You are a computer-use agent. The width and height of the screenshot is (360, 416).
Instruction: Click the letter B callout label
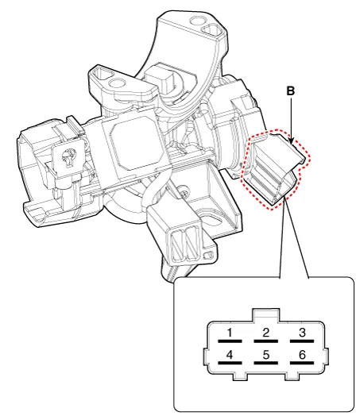pyautogui.click(x=291, y=91)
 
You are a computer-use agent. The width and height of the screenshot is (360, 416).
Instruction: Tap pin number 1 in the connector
pyautogui.click(x=230, y=333)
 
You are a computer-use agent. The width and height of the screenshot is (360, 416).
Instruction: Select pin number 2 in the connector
pyautogui.click(x=266, y=333)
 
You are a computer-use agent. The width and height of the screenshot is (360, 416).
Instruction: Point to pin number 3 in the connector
pyautogui.click(x=302, y=333)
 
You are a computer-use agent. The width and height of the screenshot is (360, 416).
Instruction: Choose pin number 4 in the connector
pyautogui.click(x=230, y=355)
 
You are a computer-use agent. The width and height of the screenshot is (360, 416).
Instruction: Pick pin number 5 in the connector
pyautogui.click(x=266, y=355)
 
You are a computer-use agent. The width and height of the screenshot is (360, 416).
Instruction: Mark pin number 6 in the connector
pyautogui.click(x=302, y=355)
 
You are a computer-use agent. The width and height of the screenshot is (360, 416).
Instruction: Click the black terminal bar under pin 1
pyautogui.click(x=230, y=341)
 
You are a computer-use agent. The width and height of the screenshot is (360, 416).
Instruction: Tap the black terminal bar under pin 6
pyautogui.click(x=302, y=363)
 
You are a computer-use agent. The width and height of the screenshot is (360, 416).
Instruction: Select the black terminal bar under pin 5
pyautogui.click(x=266, y=363)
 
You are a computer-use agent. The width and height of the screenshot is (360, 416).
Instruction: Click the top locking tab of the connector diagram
pyautogui.click(x=266, y=315)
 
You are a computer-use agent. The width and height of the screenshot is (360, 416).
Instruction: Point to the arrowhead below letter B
pyautogui.click(x=291, y=141)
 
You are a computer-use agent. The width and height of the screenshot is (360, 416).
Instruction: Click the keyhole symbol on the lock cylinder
pyautogui.click(x=68, y=158)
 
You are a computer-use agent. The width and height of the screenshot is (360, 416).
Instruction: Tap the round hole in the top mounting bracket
pyautogui.click(x=197, y=21)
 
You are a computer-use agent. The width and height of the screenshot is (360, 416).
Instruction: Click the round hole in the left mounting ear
pyautogui.click(x=117, y=83)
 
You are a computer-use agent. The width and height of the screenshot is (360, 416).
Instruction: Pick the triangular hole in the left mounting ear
pyautogui.click(x=102, y=73)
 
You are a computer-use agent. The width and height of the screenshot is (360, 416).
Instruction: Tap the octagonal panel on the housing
pyautogui.click(x=134, y=142)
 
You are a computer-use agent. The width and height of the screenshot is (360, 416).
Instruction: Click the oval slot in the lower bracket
pyautogui.click(x=211, y=218)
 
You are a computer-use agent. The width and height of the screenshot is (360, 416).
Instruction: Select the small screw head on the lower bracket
pyautogui.click(x=183, y=193)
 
